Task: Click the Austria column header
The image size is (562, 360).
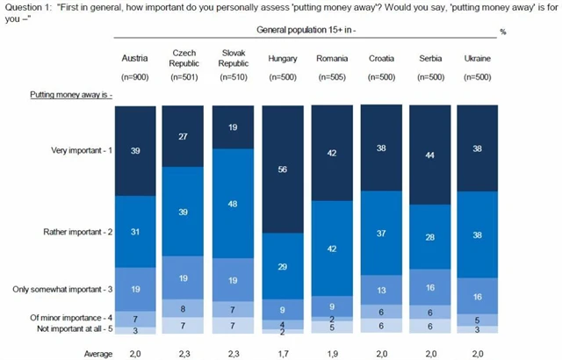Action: click(x=136, y=59)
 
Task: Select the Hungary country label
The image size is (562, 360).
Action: click(x=284, y=59)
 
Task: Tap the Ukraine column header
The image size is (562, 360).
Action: click(x=476, y=59)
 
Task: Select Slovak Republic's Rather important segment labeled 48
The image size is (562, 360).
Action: click(x=234, y=202)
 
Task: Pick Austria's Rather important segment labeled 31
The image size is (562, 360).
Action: click(x=136, y=232)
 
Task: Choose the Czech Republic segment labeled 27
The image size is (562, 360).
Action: click(x=185, y=137)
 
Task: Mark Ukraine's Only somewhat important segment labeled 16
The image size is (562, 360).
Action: click(x=477, y=297)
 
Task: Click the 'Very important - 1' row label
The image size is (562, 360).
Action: click(x=83, y=151)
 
